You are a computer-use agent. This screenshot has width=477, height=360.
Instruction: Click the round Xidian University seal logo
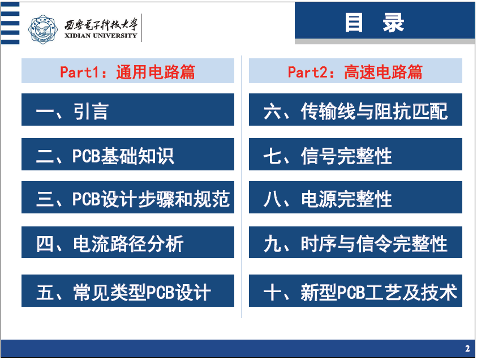tap(43, 29)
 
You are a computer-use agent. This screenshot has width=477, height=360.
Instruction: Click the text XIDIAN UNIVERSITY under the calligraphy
tap(101, 36)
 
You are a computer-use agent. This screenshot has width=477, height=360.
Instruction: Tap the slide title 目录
tap(374, 23)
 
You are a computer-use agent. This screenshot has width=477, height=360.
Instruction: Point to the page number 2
tap(467, 349)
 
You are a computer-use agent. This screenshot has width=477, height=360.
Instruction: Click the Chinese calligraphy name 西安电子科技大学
tap(101, 25)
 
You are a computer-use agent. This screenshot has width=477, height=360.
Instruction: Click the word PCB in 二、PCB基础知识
tap(87, 156)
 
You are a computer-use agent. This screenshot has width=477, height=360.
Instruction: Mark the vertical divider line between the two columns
tap(242, 187)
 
